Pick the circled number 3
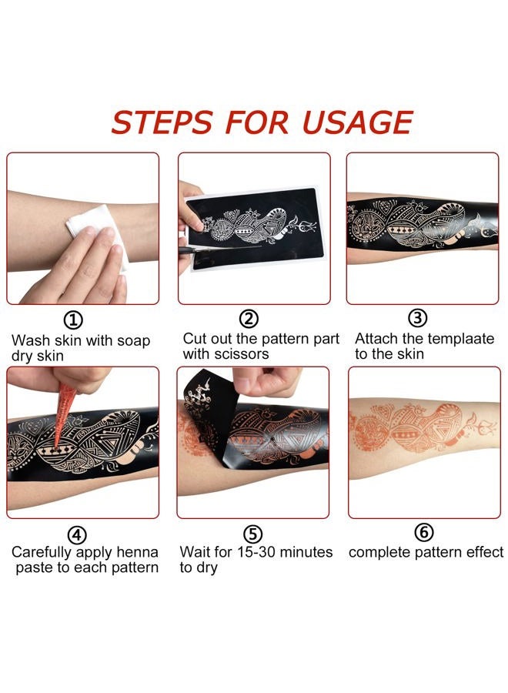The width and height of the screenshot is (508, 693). coord(417,317)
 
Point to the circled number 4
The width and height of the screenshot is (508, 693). coord(77,534)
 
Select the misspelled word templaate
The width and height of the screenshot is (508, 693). coord(457,339)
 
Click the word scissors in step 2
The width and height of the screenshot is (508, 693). coord(242,354)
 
